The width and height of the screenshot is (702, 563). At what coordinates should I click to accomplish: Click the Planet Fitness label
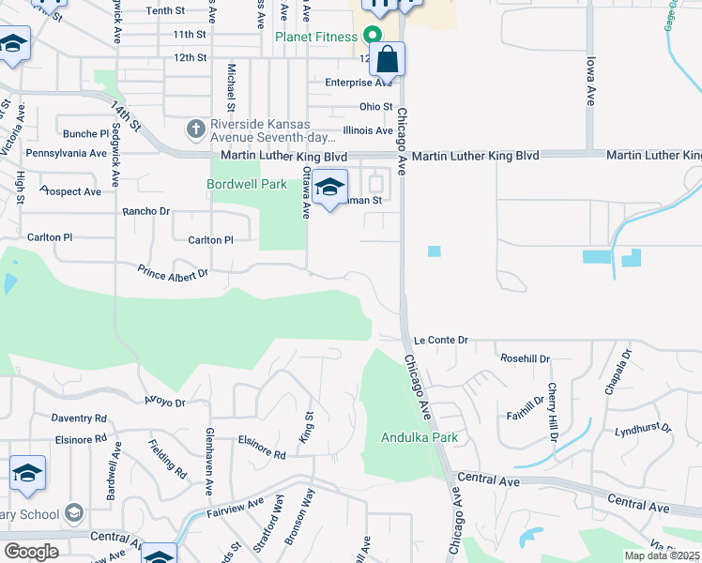pos(315,37)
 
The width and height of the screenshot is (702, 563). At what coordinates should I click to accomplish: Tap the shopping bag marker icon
pos(387,60)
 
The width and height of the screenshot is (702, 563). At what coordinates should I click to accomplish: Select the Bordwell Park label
pos(247,185)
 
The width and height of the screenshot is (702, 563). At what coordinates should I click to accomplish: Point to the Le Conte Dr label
pos(440,340)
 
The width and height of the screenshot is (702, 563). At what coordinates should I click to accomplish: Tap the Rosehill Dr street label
pos(525,358)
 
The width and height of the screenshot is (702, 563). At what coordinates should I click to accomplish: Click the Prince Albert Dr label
pos(172,275)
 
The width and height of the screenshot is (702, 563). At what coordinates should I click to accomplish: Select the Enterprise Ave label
pos(359,83)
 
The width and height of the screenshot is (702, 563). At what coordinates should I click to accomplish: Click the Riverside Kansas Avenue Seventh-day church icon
pos(195,127)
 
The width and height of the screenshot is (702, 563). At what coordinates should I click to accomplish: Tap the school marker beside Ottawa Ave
pos(329,188)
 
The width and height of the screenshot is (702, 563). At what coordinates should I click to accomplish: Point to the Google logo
pos(31,552)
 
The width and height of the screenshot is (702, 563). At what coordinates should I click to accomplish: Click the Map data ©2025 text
pos(663,555)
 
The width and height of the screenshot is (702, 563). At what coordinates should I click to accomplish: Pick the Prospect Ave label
pos(70,191)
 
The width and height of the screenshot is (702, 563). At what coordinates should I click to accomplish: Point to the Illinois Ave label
pos(368,130)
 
